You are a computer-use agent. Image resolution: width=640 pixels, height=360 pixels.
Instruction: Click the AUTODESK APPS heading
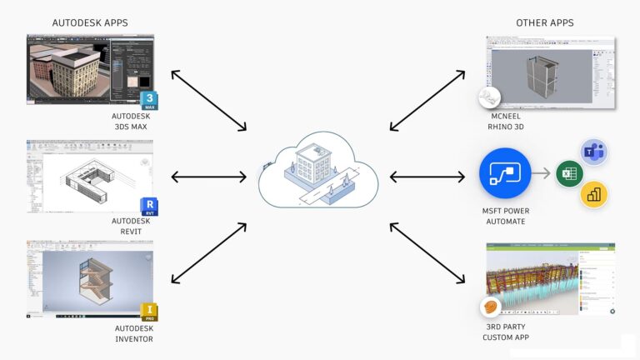tap(90, 22)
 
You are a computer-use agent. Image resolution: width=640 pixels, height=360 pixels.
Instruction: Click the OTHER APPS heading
tap(544, 22)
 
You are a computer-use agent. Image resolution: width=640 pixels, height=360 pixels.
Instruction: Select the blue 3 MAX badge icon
tap(150, 102)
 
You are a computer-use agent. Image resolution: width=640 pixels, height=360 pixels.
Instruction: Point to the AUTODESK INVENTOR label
tap(133, 332)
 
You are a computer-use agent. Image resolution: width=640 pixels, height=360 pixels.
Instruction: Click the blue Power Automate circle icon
tap(505, 174)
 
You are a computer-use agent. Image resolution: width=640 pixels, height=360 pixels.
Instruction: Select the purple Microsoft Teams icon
tap(592, 152)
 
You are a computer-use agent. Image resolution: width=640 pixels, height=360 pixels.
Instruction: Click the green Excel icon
tap(568, 175)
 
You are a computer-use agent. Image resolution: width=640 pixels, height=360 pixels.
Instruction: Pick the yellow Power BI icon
tap(593, 194)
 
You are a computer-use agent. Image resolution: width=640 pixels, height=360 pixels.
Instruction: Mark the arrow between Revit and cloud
tap(208, 176)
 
